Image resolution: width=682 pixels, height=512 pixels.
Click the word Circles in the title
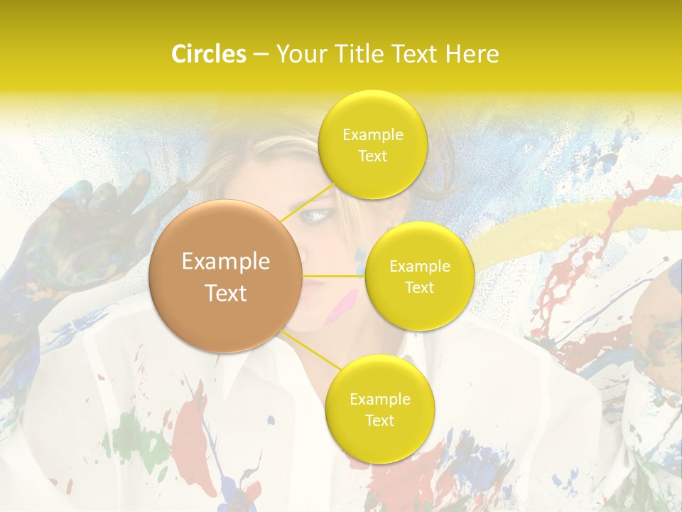tap(208, 54)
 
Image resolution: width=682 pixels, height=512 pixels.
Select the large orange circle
tap(226, 276)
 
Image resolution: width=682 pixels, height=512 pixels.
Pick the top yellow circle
tap(372, 144)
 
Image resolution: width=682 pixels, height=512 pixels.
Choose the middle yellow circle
tap(419, 276)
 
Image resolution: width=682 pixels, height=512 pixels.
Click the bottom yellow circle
tap(379, 409)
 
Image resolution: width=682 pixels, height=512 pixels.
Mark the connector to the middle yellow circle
tap(334, 275)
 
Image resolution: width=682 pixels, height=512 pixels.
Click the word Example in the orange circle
tap(226, 262)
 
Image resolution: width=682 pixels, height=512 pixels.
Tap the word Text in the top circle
tap(372, 156)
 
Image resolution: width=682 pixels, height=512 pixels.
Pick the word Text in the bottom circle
tap(379, 420)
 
